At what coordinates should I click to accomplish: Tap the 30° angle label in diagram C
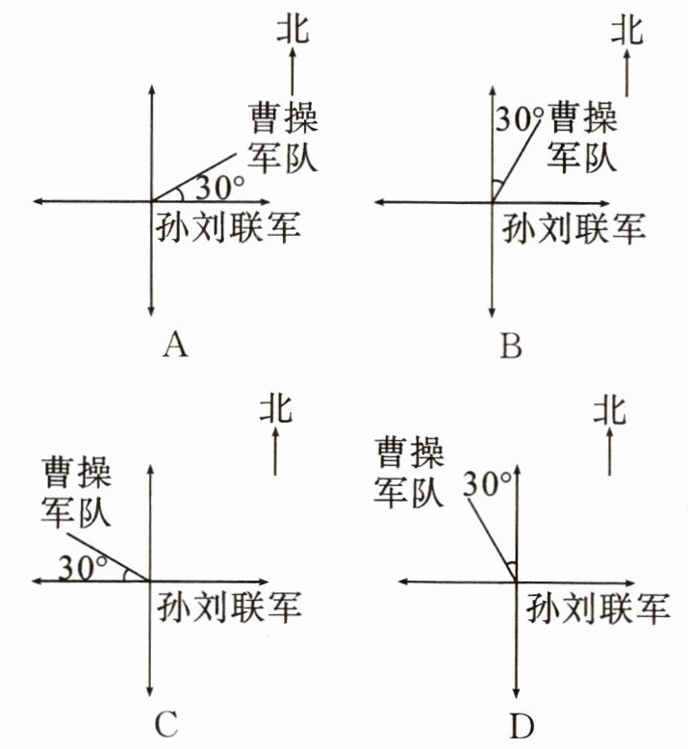point(81,566)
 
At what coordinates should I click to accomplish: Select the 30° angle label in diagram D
point(486,484)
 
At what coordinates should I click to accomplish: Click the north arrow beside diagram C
point(276,452)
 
